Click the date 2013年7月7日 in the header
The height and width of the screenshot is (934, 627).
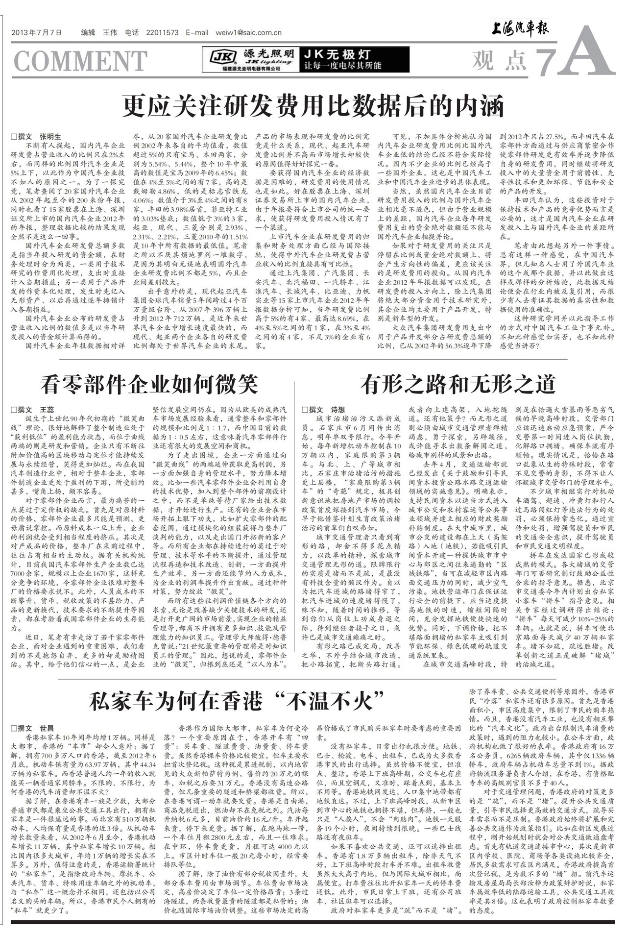[x=37, y=33]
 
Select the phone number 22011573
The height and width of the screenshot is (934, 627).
[x=162, y=33]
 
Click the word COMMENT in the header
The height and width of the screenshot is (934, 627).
[x=80, y=61]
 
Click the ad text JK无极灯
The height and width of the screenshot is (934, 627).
[x=337, y=54]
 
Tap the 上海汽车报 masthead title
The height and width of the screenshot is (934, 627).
[x=521, y=31]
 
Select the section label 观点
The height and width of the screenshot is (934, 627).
[x=499, y=60]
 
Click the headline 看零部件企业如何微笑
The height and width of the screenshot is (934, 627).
[x=149, y=384]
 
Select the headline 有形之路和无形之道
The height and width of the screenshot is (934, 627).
[x=458, y=384]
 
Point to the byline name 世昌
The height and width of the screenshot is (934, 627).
[x=47, y=728]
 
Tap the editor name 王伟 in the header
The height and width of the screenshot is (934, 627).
[x=110, y=33]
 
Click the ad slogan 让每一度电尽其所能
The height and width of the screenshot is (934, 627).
[x=343, y=65]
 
